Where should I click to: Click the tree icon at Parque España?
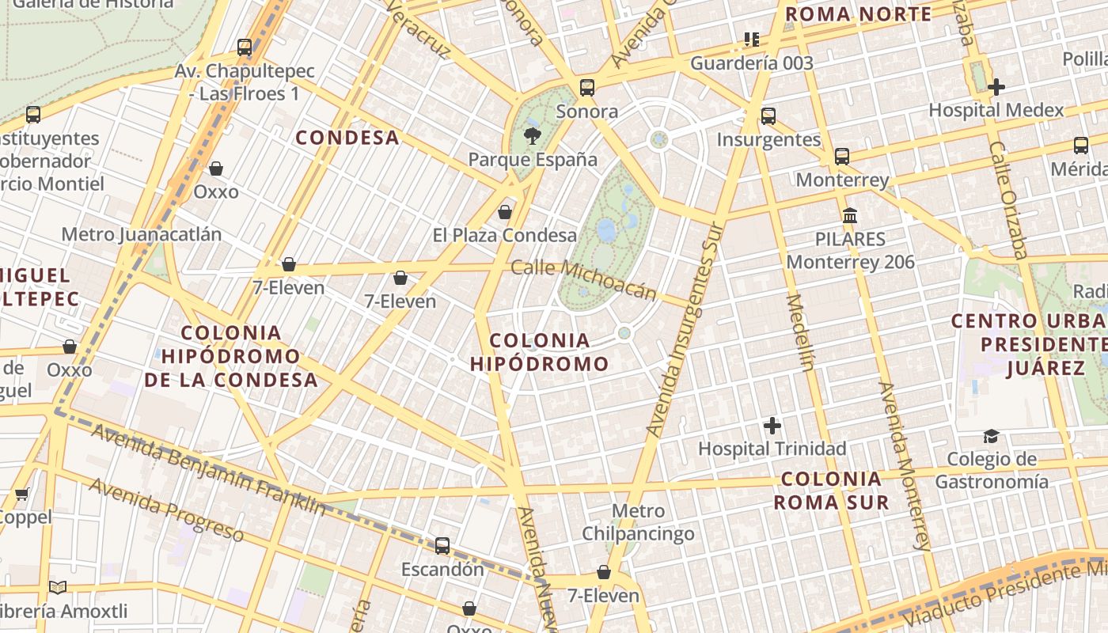pyautogui.click(x=533, y=135)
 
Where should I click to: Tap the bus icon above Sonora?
pyautogui.click(x=586, y=87)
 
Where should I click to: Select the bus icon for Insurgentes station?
pyautogui.click(x=768, y=116)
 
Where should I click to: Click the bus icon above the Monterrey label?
pyautogui.click(x=841, y=157)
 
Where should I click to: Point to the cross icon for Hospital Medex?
pyautogui.click(x=996, y=86)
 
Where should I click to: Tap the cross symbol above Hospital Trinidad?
pyautogui.click(x=772, y=426)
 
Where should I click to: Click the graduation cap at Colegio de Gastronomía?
pyautogui.click(x=991, y=436)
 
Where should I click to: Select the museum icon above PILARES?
pyautogui.click(x=850, y=215)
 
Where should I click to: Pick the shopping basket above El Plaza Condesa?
pyautogui.click(x=504, y=212)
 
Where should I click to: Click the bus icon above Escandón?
pyautogui.click(x=442, y=546)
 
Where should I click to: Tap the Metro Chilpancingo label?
pyautogui.click(x=638, y=522)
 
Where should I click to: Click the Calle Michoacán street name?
pyautogui.click(x=584, y=279)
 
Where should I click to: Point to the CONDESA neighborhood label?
pyautogui.click(x=347, y=138)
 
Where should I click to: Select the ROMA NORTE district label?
pyautogui.click(x=858, y=14)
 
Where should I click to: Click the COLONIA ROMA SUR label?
pyautogui.click(x=831, y=491)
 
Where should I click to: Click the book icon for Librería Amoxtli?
pyautogui.click(x=58, y=587)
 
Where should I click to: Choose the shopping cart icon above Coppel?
pyautogui.click(x=22, y=495)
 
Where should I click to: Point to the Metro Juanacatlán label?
pyautogui.click(x=141, y=234)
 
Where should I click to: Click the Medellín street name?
pyautogui.click(x=800, y=332)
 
